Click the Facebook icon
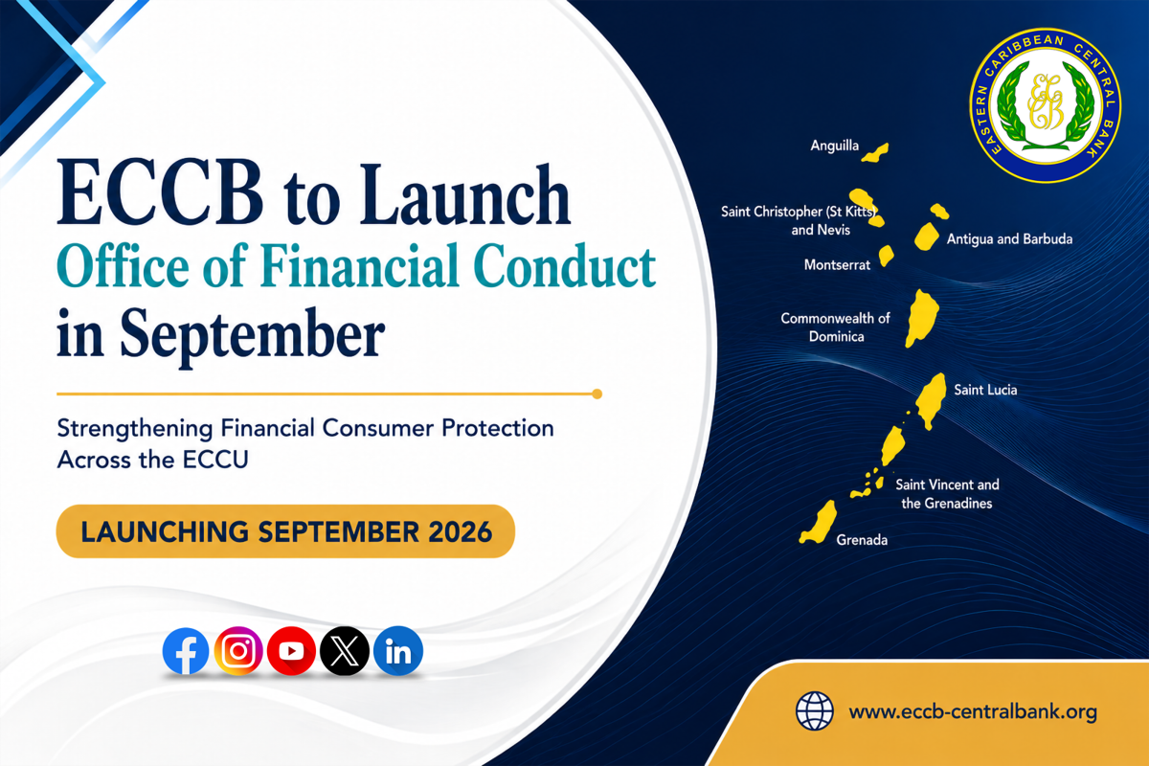point(186,650)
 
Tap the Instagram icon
point(238,650)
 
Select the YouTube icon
point(291,650)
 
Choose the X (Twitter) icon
point(345,650)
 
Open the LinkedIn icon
point(398,650)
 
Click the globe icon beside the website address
point(814,711)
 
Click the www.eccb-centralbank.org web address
point(973,712)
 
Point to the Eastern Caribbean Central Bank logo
point(1046,105)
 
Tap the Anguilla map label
point(835,146)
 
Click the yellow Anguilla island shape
point(875,153)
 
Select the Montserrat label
point(837,264)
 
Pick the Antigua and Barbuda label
point(1009,239)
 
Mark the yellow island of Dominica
point(922,318)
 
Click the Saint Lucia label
point(985,390)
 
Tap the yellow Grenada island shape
point(819,522)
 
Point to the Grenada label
point(862,540)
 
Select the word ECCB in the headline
point(160,193)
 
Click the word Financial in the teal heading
point(360,267)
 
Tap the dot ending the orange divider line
point(597,394)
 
